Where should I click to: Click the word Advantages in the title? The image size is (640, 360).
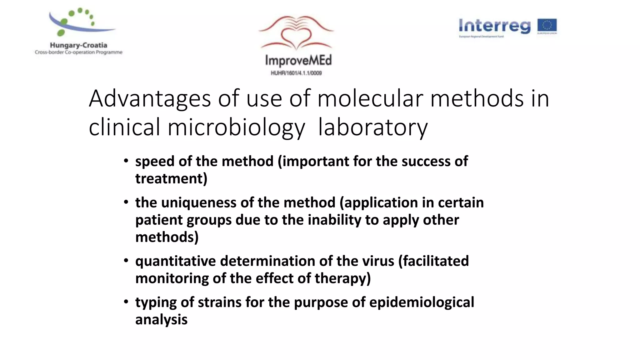(150, 98)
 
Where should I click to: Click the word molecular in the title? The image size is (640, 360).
(370, 98)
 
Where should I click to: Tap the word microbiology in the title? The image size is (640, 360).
(236, 127)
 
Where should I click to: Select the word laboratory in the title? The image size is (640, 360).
(372, 127)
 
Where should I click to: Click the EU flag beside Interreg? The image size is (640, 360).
(547, 26)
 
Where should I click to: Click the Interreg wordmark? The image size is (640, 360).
(494, 26)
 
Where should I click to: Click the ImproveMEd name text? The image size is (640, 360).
(298, 60)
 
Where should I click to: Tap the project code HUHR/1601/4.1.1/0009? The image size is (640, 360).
(296, 73)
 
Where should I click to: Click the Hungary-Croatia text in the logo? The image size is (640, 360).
(78, 45)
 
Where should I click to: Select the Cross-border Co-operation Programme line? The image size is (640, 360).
(78, 52)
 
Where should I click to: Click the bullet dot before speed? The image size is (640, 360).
(126, 161)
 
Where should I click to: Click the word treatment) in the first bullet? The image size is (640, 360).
(171, 179)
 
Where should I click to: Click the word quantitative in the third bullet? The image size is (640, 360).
(175, 261)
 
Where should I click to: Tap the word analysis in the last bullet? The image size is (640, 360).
(161, 320)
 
